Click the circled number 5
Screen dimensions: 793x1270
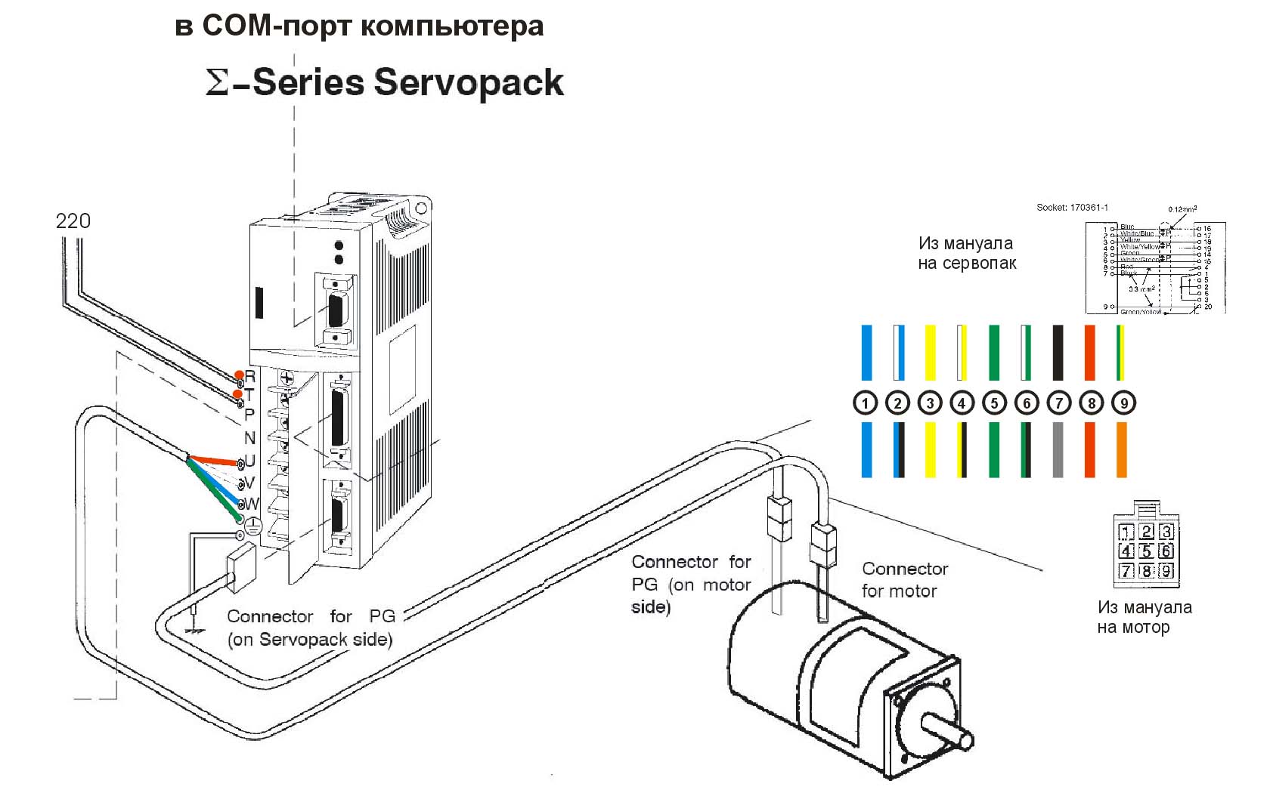pyautogui.click(x=994, y=403)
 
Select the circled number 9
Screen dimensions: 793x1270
pyautogui.click(x=1123, y=403)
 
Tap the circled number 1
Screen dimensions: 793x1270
pyautogui.click(x=865, y=403)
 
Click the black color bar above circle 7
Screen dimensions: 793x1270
pyautogui.click(x=1058, y=353)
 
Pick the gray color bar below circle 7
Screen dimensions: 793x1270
pyautogui.click(x=1058, y=449)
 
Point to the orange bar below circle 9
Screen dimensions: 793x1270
pyautogui.click(x=1122, y=449)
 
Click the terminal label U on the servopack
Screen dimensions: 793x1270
pyautogui.click(x=250, y=461)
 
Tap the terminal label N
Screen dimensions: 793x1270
pyautogui.click(x=249, y=437)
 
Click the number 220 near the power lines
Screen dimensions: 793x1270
pyautogui.click(x=73, y=221)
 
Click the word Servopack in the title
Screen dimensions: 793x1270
pyautogui.click(x=469, y=82)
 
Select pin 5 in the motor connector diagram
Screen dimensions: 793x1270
pyautogui.click(x=1146, y=551)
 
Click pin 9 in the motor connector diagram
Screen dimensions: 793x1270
pyautogui.click(x=1166, y=571)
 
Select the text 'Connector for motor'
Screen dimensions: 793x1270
pyautogui.click(x=904, y=579)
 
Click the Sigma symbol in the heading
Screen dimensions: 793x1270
pyautogui.click(x=217, y=83)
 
